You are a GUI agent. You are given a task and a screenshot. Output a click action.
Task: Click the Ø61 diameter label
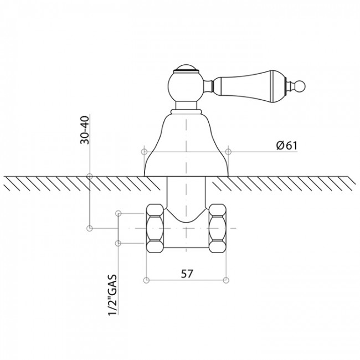coord(286,146)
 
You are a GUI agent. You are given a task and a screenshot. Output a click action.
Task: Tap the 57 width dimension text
coord(187,274)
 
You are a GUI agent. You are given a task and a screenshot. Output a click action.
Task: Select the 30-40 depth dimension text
coord(85,130)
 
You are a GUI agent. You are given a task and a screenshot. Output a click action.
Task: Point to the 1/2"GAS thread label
coord(112,295)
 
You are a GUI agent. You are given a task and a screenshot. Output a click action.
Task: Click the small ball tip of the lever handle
coord(301,87)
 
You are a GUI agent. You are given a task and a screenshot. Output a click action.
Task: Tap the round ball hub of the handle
coord(186,86)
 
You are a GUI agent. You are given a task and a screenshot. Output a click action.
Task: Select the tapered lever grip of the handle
coord(250,86)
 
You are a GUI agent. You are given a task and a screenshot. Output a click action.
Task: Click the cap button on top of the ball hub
coord(186,68)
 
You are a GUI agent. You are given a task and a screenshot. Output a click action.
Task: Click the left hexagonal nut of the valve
coord(155,228)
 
